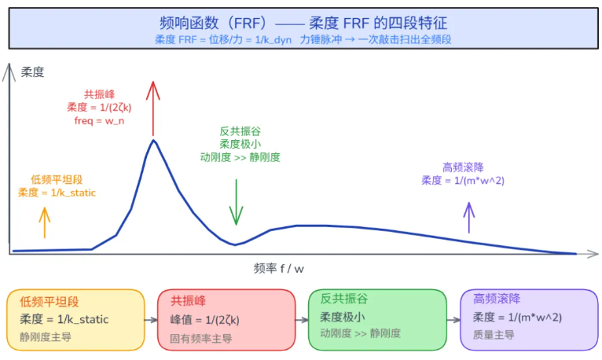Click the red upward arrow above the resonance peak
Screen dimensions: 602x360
152,108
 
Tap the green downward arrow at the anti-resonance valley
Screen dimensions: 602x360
236,202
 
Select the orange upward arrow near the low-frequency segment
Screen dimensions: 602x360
45,223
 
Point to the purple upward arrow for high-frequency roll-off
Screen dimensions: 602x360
468,218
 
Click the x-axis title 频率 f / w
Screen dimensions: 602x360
279,268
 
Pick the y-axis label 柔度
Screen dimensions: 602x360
33,72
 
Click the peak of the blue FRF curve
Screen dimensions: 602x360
153,140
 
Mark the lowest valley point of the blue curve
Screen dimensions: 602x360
235,244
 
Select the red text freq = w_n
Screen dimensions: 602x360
99,121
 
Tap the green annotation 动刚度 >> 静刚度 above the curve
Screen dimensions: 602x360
240,157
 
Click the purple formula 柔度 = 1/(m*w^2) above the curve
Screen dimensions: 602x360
463,180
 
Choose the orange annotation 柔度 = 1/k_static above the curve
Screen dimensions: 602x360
57,193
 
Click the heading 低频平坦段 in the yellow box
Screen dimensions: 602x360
50,302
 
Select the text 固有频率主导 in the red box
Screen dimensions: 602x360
200,339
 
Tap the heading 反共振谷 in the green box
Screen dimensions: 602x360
344,299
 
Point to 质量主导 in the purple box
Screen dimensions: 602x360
494,335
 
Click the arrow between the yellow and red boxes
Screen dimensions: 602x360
151,320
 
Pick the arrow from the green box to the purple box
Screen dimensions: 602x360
453,320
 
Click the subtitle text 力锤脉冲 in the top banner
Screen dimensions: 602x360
321,39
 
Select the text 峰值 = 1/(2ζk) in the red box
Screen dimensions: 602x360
204,320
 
